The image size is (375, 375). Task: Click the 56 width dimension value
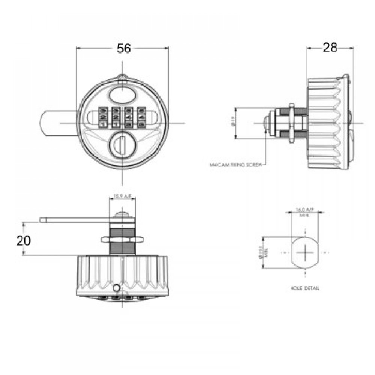point(124,49)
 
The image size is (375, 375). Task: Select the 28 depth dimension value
point(330,48)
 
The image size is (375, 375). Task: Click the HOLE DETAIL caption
point(304,288)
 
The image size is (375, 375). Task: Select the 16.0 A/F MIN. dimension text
point(304,212)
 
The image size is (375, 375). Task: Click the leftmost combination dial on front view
point(102,117)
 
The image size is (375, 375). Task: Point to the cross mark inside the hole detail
point(304,253)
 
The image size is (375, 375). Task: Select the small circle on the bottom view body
point(117,288)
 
